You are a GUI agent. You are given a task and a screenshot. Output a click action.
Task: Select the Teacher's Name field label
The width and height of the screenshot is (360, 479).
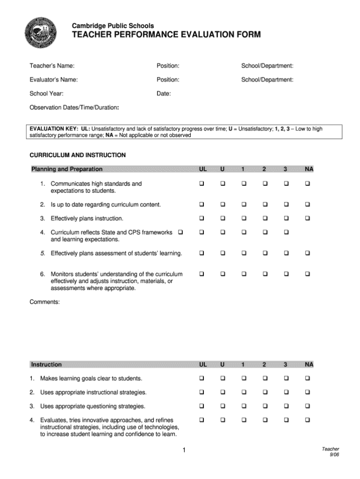tap(52, 66)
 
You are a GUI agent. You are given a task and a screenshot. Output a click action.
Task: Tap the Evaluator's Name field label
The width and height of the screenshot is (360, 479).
tap(54, 80)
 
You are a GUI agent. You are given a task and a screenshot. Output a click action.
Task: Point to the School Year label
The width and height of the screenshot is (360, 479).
tap(47, 94)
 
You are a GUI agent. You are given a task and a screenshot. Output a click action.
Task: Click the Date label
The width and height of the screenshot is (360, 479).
tap(164, 94)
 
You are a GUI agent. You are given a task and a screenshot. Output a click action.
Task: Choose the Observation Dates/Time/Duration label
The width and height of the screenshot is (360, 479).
tap(74, 107)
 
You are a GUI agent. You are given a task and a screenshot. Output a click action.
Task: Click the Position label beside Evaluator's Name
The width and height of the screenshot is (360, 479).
tap(168, 80)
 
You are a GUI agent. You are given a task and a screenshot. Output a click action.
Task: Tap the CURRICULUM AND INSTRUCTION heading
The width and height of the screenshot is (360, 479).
tap(78, 155)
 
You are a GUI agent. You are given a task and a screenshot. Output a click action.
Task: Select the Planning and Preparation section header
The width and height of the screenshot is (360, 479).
tap(67, 169)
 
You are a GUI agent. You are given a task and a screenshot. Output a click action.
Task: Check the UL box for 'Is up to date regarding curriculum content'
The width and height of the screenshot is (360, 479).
tap(202, 205)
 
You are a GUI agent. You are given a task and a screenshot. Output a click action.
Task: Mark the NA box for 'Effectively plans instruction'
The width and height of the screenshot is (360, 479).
tap(308, 218)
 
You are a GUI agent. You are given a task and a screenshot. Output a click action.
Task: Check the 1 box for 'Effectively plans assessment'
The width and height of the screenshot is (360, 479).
tap(244, 253)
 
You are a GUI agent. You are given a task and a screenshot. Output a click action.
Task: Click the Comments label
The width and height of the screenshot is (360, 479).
tap(45, 302)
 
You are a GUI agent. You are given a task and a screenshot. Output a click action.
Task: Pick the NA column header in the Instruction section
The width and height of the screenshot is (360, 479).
tap(309, 365)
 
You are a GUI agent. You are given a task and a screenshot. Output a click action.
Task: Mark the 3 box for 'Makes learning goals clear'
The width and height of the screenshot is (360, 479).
tap(286, 378)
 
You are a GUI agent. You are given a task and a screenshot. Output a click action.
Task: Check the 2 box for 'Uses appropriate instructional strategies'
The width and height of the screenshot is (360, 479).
tap(265, 392)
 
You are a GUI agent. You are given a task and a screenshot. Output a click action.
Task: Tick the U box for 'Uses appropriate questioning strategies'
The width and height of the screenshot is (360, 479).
tap(223, 406)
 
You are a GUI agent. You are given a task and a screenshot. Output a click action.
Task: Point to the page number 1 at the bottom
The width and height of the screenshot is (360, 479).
tap(185, 451)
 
